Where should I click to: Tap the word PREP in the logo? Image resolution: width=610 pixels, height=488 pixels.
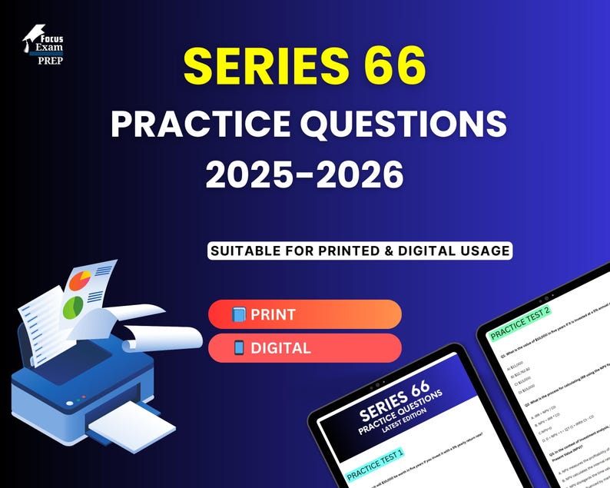click(x=51, y=60)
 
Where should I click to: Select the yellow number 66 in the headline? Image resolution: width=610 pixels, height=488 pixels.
click(x=390, y=68)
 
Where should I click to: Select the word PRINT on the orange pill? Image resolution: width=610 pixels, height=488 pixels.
click(x=273, y=314)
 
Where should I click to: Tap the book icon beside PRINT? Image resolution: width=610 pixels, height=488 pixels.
click(x=238, y=314)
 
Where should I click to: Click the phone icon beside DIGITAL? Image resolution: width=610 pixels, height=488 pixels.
click(x=238, y=347)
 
